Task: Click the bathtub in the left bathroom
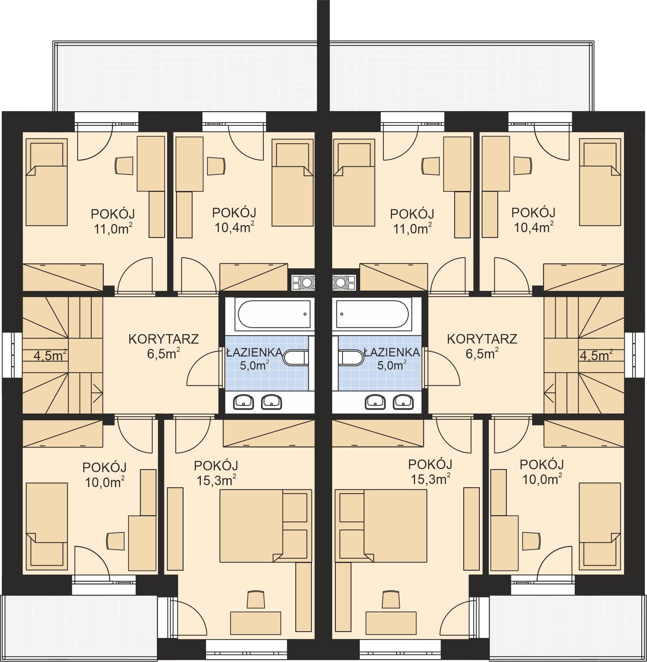click(x=274, y=314)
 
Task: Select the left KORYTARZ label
click(x=163, y=339)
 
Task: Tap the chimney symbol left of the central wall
click(x=303, y=283)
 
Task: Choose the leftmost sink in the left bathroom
click(x=243, y=401)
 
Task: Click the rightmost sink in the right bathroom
click(x=403, y=401)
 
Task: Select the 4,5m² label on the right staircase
click(x=596, y=355)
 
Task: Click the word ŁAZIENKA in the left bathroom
click(x=255, y=352)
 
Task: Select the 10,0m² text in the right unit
click(x=542, y=479)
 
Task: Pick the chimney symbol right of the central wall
click(x=344, y=283)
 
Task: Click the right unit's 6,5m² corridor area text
click(x=482, y=354)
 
